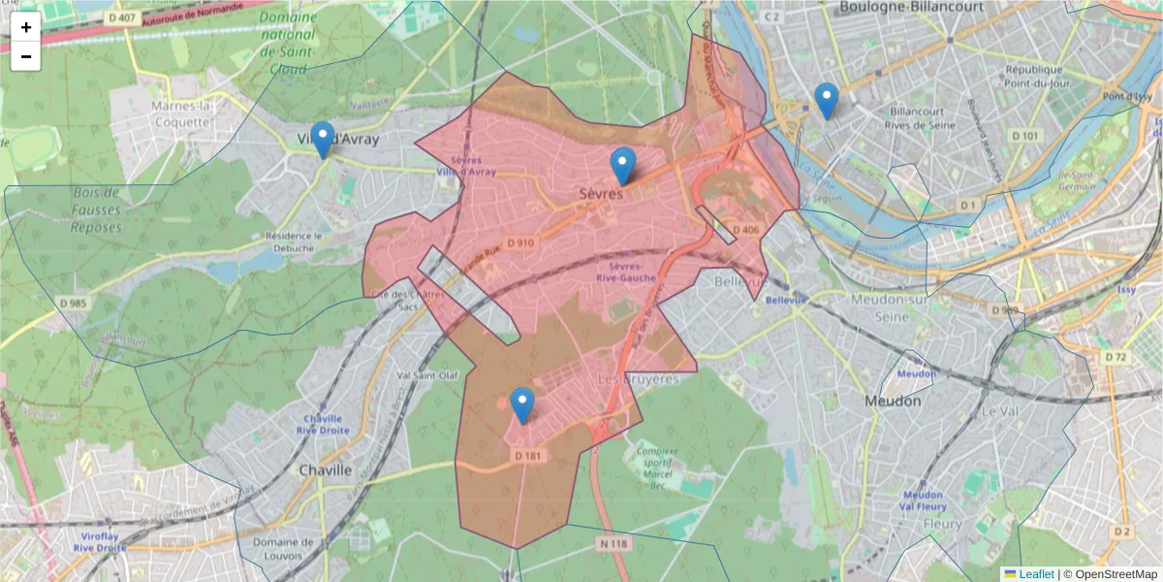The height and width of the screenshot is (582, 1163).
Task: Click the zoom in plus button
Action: (x=26, y=27)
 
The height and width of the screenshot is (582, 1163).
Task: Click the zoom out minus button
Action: (x=26, y=56)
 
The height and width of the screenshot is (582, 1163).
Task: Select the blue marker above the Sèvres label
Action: (x=623, y=166)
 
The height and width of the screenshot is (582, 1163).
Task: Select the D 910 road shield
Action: (x=519, y=242)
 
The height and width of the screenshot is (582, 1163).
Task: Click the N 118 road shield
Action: (x=613, y=544)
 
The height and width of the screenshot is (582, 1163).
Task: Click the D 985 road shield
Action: (x=73, y=303)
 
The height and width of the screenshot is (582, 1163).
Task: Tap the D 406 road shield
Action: (x=746, y=230)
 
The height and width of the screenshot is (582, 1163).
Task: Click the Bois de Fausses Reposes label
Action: (x=96, y=210)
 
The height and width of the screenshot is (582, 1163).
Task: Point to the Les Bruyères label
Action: (x=639, y=378)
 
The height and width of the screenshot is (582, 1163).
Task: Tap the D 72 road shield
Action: (x=1116, y=357)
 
